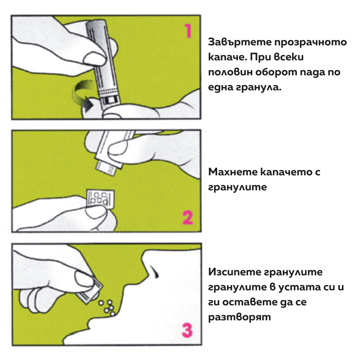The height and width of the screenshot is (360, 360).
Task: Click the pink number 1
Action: pos(188,31)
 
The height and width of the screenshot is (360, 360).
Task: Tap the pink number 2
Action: pos(188,217)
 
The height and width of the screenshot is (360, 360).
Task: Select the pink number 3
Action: pos(187,330)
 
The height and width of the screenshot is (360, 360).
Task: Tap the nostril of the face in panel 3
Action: pos(154,271)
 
